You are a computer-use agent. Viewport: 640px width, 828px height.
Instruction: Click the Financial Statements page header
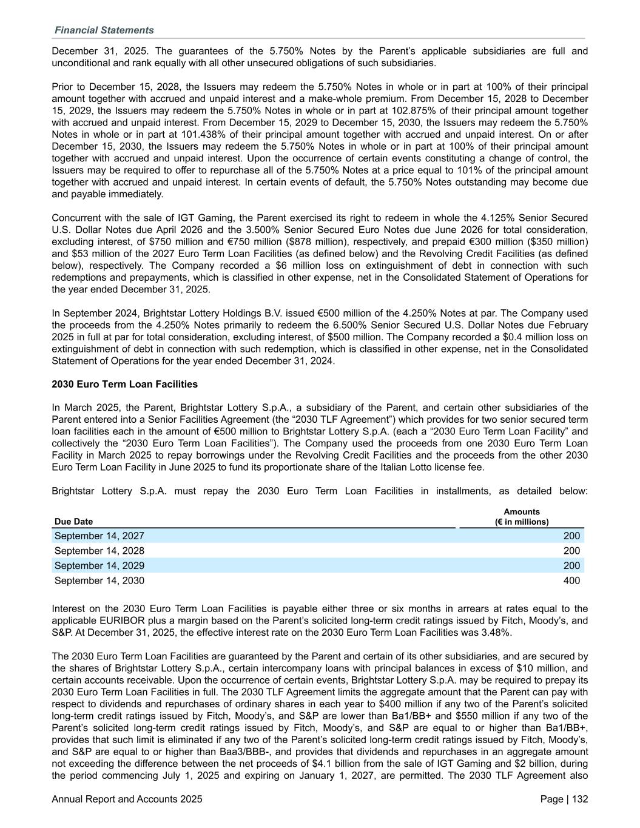click(104, 30)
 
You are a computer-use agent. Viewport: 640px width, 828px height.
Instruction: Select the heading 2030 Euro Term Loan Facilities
click(125, 384)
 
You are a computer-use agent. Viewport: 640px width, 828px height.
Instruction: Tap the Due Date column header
click(74, 522)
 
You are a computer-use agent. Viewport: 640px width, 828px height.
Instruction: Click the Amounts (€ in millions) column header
click(521, 517)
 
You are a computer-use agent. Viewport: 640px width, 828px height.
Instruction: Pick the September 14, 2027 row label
click(99, 536)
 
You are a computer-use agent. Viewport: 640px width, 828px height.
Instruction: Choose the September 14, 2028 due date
click(99, 551)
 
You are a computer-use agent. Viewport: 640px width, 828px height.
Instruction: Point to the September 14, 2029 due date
click(99, 565)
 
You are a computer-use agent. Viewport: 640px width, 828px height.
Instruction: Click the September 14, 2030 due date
click(99, 581)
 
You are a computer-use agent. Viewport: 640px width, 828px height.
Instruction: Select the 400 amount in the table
click(571, 581)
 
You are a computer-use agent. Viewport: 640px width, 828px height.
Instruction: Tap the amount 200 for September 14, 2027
click(571, 536)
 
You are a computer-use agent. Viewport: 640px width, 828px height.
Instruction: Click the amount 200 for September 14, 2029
click(571, 565)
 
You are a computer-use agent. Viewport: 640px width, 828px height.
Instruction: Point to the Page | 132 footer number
click(564, 799)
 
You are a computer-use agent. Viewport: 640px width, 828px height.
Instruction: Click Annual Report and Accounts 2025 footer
click(127, 799)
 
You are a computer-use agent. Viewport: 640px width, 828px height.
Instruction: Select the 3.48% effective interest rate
click(497, 632)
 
